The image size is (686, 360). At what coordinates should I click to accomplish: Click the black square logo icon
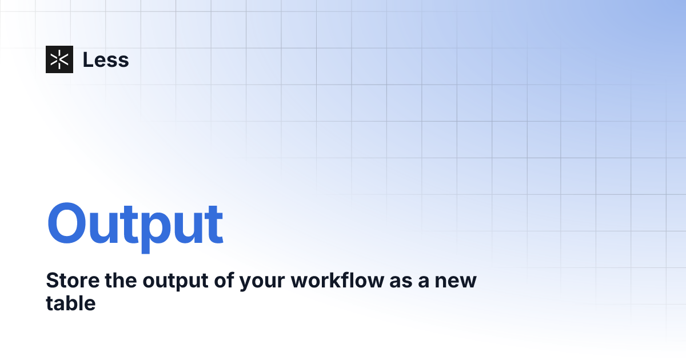[59, 59]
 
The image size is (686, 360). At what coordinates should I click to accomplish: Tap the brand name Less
[106, 59]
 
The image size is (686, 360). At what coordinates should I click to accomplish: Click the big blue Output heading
[135, 224]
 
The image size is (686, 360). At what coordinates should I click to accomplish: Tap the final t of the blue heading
[214, 224]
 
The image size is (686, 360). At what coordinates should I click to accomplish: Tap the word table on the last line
[70, 303]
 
